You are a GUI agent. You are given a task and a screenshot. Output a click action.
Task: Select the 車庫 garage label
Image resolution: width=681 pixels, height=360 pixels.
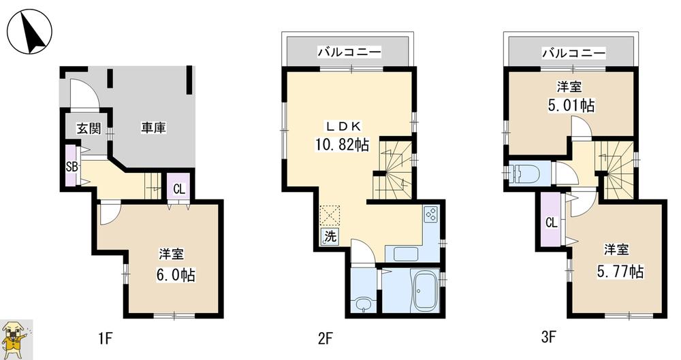(x=154, y=127)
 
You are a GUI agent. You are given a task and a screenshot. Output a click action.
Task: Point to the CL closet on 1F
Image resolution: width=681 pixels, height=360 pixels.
(x=178, y=189)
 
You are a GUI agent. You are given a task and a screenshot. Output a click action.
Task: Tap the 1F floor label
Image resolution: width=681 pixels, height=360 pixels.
(x=104, y=336)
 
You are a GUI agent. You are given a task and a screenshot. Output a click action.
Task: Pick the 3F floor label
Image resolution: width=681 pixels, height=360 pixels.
(x=549, y=336)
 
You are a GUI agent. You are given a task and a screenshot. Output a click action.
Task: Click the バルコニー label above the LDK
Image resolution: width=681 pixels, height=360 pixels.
(x=349, y=52)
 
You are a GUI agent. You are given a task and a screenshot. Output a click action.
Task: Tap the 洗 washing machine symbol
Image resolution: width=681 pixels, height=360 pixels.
(x=330, y=238)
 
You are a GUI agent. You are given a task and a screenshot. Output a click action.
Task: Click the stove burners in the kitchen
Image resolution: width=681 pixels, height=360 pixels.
(x=430, y=215)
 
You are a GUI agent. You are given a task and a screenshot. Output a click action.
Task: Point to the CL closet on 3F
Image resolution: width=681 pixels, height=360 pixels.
(x=551, y=223)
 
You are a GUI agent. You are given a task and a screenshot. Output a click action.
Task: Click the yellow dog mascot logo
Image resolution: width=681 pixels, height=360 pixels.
(x=16, y=338)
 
